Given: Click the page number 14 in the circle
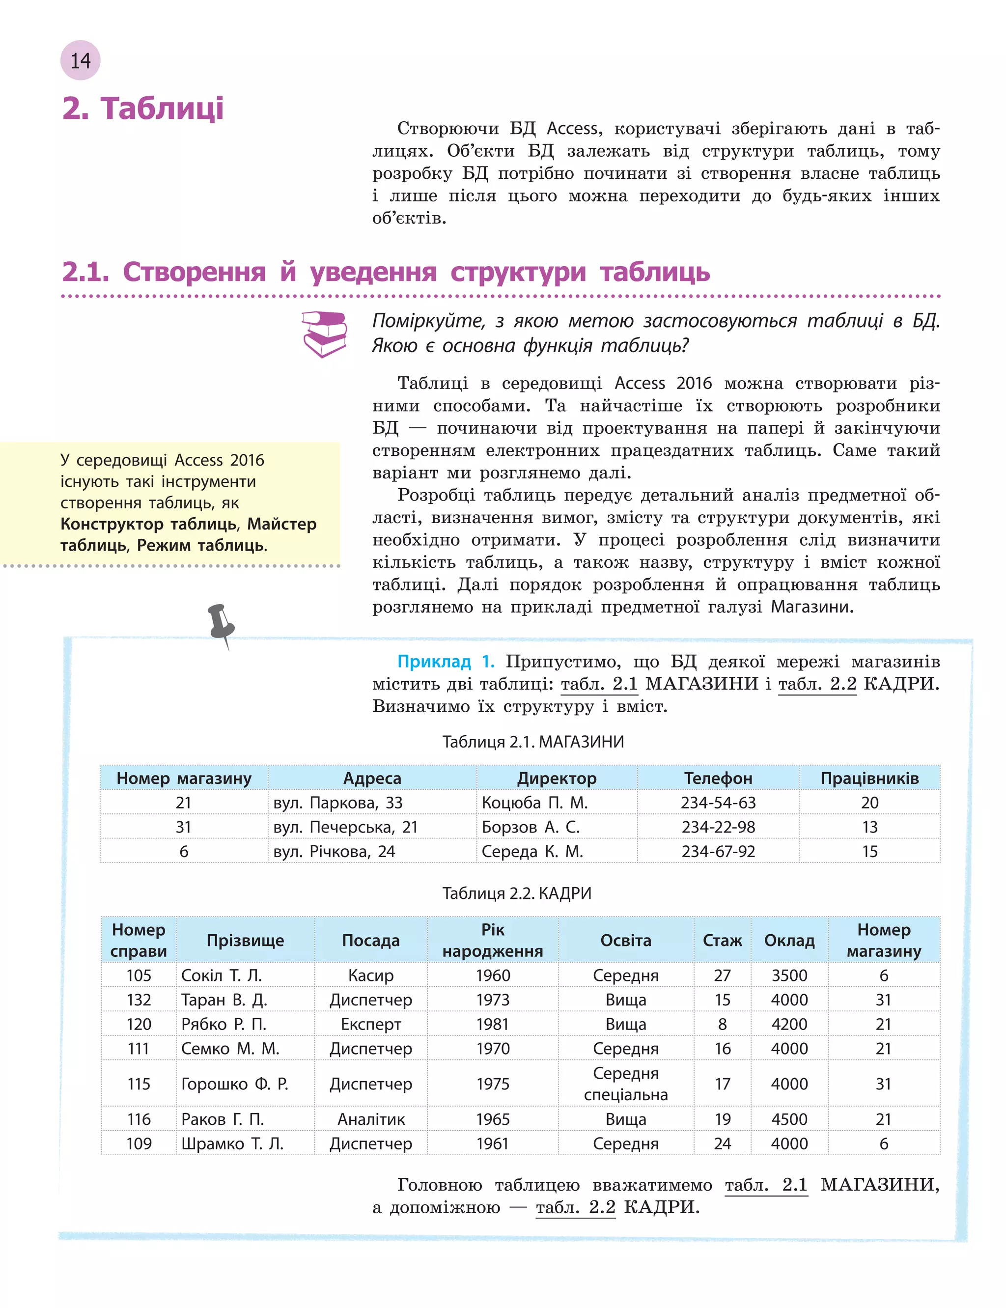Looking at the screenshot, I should (80, 60).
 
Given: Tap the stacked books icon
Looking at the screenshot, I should (325, 334).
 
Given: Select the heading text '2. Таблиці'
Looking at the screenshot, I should (143, 109).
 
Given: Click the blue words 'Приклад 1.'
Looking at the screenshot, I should (446, 662).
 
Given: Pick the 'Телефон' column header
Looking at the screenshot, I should (718, 778).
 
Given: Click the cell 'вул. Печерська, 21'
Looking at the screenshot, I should (345, 827).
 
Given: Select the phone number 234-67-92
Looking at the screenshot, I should (718, 852).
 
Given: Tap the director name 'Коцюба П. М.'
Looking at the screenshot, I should (535, 803).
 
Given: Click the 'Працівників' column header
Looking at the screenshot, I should (869, 778).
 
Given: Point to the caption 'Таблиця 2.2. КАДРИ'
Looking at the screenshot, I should (517, 893).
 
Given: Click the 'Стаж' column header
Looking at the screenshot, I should (722, 941).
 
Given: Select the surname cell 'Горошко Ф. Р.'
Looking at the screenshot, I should (235, 1084).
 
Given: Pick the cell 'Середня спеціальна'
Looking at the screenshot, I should (626, 1084).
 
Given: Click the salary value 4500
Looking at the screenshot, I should (789, 1119).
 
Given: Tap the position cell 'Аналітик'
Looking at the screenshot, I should (371, 1119).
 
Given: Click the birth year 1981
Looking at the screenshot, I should (492, 1024).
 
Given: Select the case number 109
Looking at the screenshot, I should (139, 1144).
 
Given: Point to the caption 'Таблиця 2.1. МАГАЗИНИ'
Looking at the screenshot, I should (533, 742).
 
